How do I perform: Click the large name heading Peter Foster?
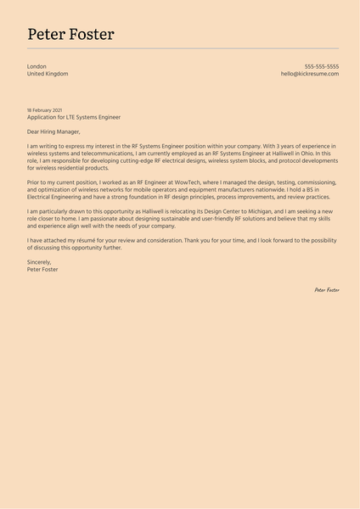pos(70,34)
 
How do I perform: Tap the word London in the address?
pos(37,66)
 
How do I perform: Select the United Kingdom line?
pos(48,74)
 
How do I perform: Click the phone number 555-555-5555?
pos(321,66)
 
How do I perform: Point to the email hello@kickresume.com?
pos(309,74)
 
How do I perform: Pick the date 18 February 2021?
pos(44,110)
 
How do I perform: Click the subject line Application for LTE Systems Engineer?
pos(74,117)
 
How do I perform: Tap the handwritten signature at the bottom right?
pos(326,290)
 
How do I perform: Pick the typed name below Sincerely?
pos(42,269)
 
